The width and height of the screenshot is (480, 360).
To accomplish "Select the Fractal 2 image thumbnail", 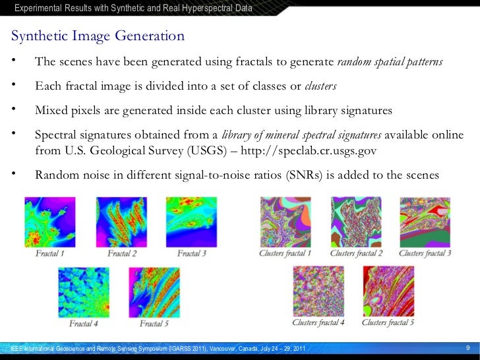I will tap(121, 222).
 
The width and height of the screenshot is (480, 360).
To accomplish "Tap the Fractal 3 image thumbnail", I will tap(191, 222).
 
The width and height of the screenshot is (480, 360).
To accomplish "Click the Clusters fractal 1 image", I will tap(285, 222).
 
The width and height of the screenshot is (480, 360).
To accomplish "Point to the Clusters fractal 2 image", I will tap(356, 222).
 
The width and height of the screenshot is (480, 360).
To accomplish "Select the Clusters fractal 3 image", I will tap(425, 222).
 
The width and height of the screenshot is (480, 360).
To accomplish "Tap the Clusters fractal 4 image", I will tap(318, 292).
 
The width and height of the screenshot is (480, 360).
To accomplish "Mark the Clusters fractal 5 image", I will tap(388, 292).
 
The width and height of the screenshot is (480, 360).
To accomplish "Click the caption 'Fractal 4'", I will tap(83, 324).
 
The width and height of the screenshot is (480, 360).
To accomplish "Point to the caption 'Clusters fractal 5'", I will tap(388, 323).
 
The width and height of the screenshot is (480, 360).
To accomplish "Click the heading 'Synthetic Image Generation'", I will tap(97, 36).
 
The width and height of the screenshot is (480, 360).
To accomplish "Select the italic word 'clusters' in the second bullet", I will tap(321, 86).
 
